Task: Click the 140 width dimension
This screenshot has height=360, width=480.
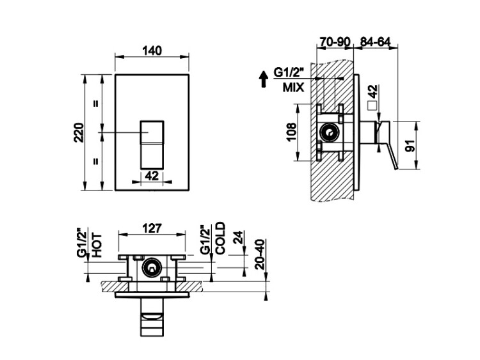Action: coord(152,51)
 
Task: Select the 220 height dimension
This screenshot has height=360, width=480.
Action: coord(79,132)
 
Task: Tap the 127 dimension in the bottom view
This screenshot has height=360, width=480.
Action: coord(152,228)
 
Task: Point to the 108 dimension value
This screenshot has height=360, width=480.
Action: coord(292,132)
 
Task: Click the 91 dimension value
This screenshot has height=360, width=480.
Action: coord(410,145)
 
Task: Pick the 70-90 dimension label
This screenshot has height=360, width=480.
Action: coord(335,42)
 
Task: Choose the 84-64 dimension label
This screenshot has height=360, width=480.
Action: coord(375,42)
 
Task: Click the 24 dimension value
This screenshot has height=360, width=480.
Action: coord(238,237)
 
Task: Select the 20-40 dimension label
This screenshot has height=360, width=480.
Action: coord(260,254)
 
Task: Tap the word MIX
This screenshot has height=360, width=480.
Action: coord(293,88)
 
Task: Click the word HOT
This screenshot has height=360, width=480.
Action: coord(97,245)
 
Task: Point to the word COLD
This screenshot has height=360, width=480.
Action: coord(220,238)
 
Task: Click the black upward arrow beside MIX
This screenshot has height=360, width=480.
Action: coord(263,79)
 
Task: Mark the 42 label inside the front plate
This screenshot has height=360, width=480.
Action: coord(152,176)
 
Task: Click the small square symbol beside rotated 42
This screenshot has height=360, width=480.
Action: coord(372,106)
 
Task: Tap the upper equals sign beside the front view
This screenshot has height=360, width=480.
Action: coord(96,104)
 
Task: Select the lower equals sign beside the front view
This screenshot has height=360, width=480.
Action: coord(96,160)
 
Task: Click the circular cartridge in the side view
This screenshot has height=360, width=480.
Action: coord(330,133)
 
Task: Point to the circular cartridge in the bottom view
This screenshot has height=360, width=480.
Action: coord(152,268)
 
